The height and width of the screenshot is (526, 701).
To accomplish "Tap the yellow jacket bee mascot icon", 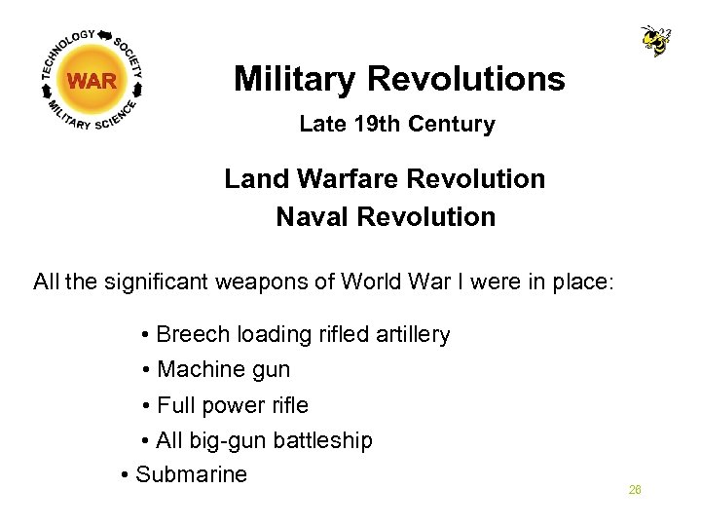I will point(655,40).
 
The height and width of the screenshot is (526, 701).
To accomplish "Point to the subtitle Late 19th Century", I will point(396,125).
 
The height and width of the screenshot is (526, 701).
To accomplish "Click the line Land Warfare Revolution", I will point(385,179).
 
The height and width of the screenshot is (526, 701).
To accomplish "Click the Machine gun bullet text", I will point(223,370).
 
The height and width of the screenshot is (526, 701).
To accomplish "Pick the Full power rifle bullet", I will point(232,405).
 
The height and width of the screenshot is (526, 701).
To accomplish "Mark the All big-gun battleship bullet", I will point(263,440).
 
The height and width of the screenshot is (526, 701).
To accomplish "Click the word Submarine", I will point(191,475).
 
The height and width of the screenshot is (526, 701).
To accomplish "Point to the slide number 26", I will point(635,490).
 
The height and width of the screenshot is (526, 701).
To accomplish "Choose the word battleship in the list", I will point(322,440).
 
